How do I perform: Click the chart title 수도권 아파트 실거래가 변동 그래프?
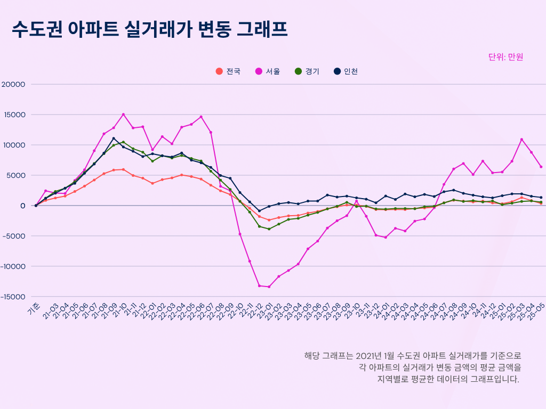[x=150, y=30]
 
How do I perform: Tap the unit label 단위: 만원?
[x=505, y=57]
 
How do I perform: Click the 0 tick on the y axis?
[x=23, y=206]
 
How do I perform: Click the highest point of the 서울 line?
[x=123, y=114]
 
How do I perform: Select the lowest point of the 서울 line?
[x=269, y=287]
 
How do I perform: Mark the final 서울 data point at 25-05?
[x=541, y=167]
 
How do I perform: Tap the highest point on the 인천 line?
[x=114, y=138]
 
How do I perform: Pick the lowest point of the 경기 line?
[x=269, y=229]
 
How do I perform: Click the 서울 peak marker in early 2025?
[x=521, y=140]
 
